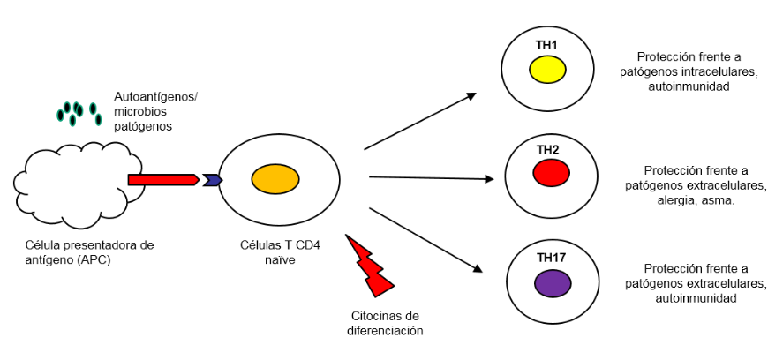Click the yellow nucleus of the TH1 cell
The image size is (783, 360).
pos(547,70)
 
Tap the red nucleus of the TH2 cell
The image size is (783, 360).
pos(552,173)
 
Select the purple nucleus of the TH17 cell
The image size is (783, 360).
pos(553,283)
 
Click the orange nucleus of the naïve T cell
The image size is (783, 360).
pos(275,179)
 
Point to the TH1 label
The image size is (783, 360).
pos(546,45)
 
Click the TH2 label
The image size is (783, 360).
pos(548,149)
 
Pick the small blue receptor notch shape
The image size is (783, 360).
pos(212,180)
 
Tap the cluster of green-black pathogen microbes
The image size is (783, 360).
pos(79,113)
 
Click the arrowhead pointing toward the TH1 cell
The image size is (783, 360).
pos(471,96)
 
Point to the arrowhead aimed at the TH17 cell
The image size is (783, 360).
pos(477,268)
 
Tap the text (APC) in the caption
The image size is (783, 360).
pos(94,259)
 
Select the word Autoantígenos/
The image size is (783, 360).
pos(155,96)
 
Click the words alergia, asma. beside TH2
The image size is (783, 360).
pos(698,200)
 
